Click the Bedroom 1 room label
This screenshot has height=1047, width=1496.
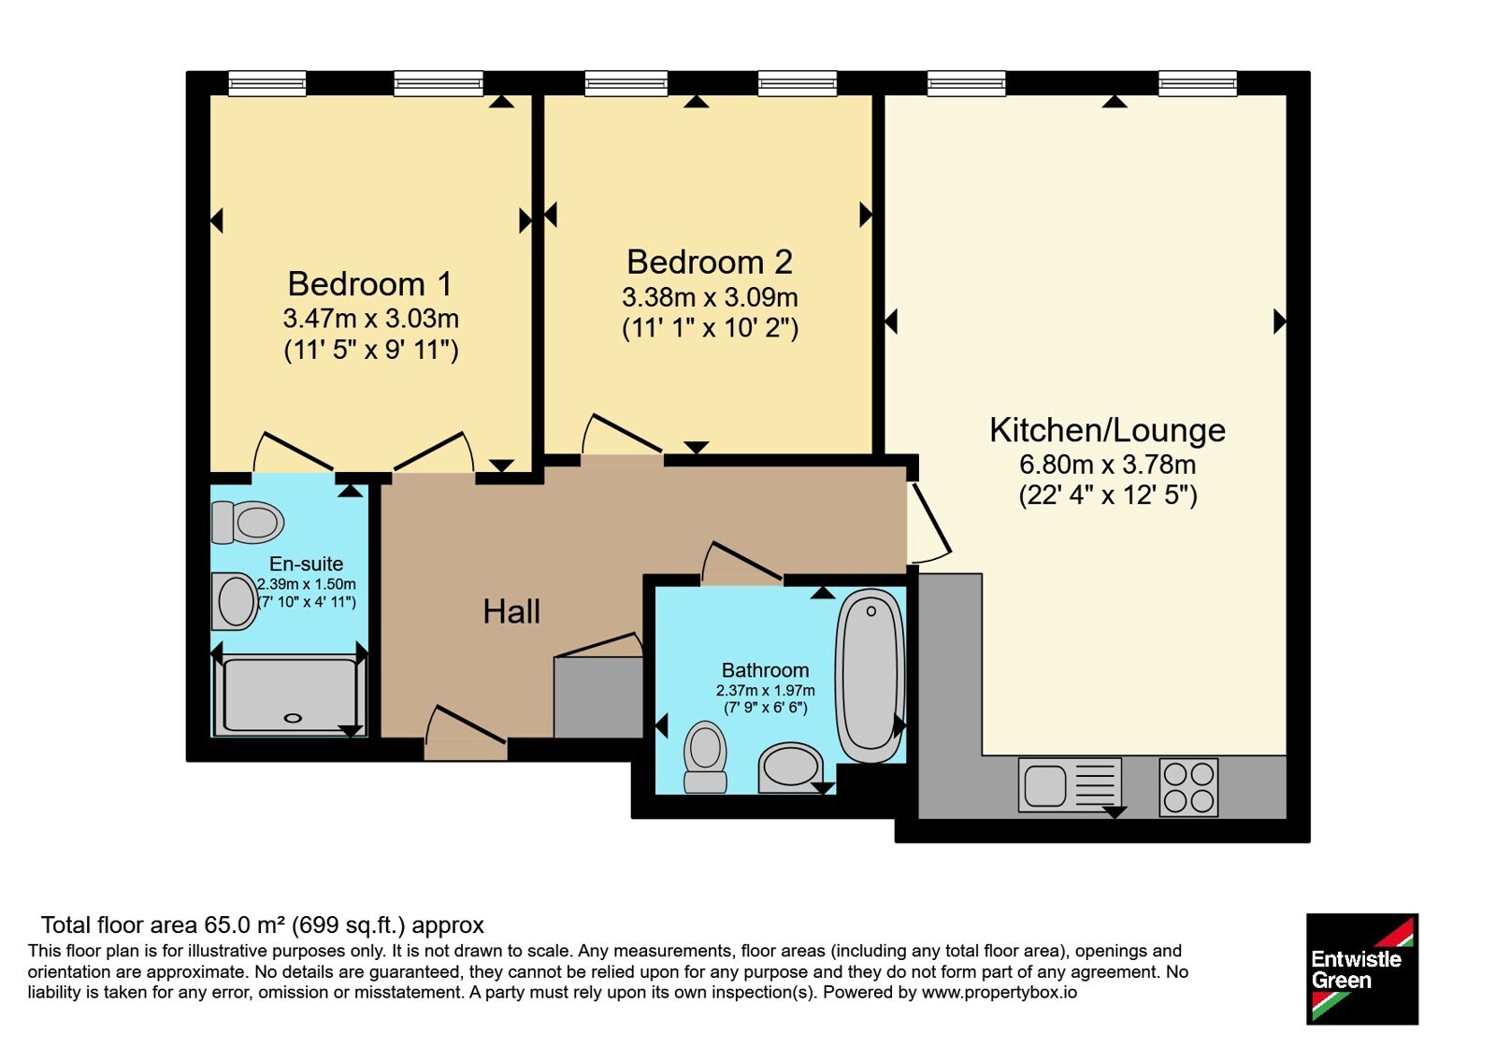[x=370, y=284]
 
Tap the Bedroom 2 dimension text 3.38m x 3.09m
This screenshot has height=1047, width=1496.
[x=710, y=297]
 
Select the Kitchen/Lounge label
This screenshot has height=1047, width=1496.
[x=1107, y=430]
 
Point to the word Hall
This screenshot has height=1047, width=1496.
[x=511, y=611]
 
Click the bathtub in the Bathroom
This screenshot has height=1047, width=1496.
[x=870, y=675]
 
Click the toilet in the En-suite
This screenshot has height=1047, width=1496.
[x=248, y=523]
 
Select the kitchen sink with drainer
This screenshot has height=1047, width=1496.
[x=1070, y=785]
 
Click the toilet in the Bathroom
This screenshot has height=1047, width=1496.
[x=705, y=757]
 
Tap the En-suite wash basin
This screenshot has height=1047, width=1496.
[x=235, y=601]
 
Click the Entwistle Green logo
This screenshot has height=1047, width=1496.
[x=1362, y=968]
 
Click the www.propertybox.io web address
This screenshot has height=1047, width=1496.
[x=1000, y=992]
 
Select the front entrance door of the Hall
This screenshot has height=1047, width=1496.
[x=466, y=738]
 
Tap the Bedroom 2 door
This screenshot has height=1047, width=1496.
[x=622, y=440]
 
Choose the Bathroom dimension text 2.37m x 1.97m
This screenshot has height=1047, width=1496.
[x=766, y=691]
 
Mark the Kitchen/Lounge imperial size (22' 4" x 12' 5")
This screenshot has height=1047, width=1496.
[x=1108, y=495]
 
